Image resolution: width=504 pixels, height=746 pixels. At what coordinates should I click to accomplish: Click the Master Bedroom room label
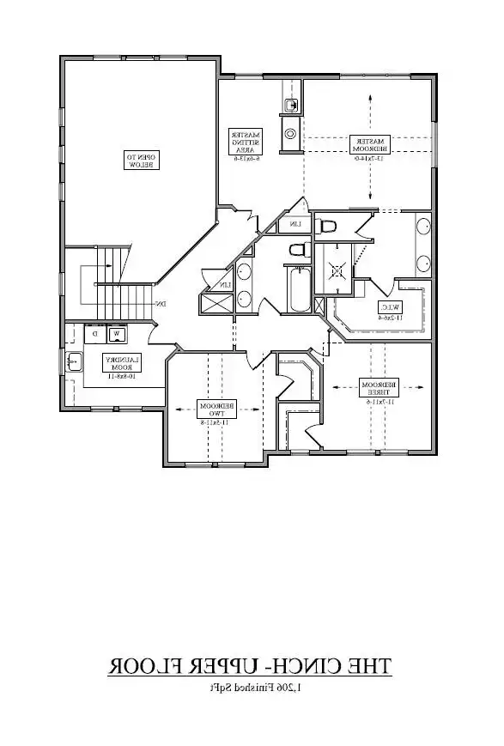tap(370, 144)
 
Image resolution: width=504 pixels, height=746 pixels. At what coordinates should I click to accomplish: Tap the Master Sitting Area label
tap(246, 142)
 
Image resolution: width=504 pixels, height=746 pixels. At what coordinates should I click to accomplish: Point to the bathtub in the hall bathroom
tap(296, 289)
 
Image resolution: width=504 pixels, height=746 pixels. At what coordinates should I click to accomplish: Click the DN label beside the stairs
tap(160, 303)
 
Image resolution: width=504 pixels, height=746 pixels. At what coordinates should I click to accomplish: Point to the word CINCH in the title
tap(303, 665)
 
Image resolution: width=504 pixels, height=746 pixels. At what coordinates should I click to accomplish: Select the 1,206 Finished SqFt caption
tap(249, 688)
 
